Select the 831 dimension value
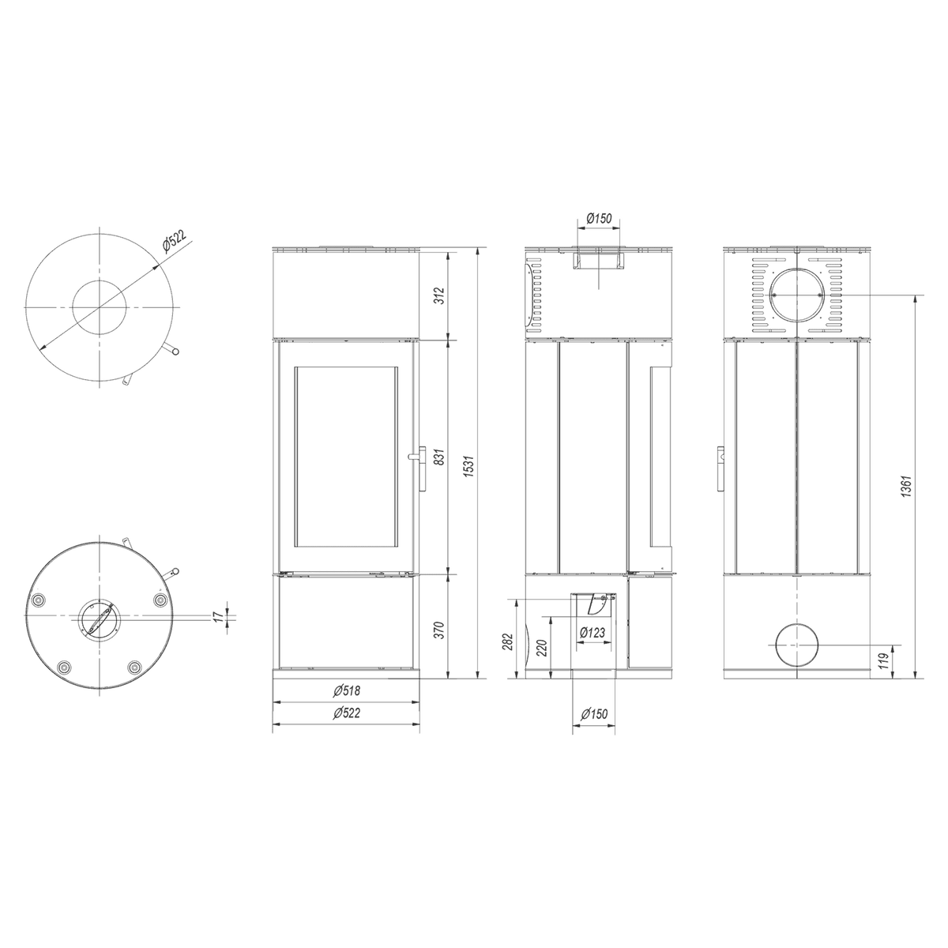(440, 457)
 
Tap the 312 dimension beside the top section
(440, 295)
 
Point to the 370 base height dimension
(440, 630)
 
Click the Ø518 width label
(346, 690)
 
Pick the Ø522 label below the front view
(346, 713)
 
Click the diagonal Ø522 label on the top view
(174, 241)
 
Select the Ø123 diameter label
(592, 632)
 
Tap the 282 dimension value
(509, 641)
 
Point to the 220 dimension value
(541, 648)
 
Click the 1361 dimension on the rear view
(908, 486)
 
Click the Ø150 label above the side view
(599, 218)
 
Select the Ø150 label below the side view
(594, 713)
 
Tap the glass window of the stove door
(346, 457)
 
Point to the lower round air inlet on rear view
(797, 644)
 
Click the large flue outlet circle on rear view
(797, 295)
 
